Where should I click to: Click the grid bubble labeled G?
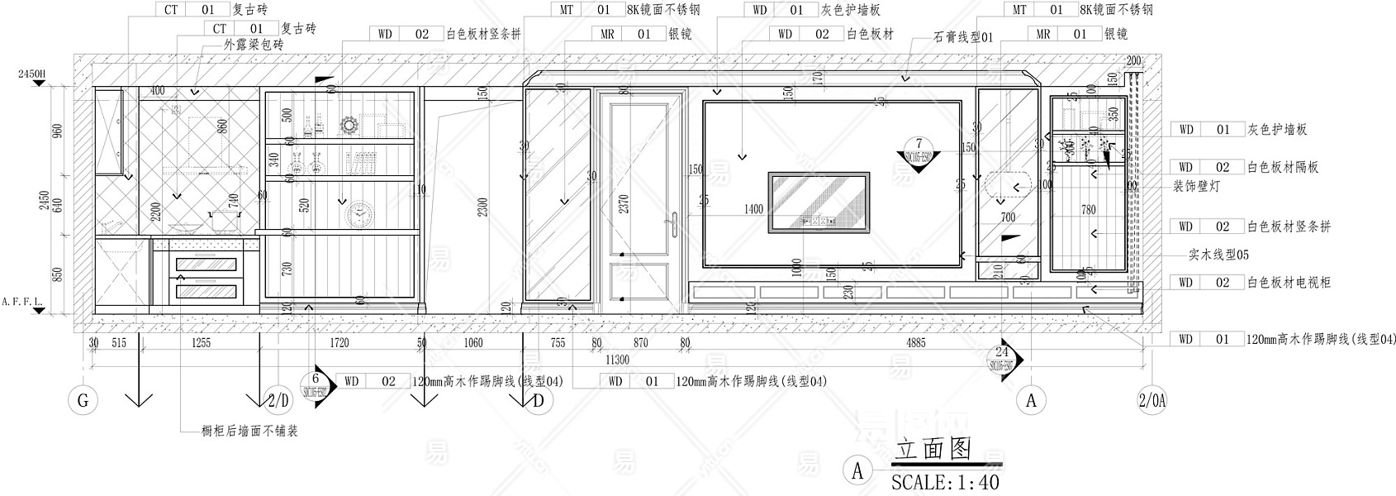point(83,402)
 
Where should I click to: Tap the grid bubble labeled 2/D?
point(280,402)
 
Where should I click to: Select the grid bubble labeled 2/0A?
point(1151,402)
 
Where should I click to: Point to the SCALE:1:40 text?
point(945,481)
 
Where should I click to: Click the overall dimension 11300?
point(618,360)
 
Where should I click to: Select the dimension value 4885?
point(915,342)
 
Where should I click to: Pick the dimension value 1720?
point(340,342)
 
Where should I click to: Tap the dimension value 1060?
point(472,342)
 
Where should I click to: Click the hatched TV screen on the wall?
point(819,201)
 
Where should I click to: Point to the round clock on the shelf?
point(358,213)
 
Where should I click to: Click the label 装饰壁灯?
point(1196,187)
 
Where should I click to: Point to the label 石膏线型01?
point(963,37)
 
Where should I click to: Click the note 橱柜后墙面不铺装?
point(249,431)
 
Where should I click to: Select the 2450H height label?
point(31,74)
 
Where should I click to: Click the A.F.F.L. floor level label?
point(25,302)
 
